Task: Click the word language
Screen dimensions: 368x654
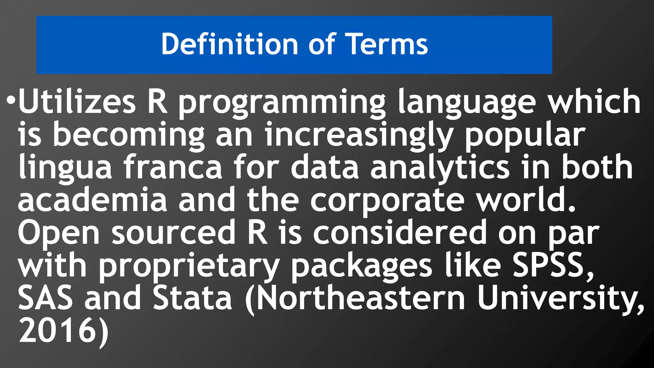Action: click(467, 103)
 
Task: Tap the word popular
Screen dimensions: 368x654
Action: click(525, 135)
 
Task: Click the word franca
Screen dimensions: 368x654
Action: click(173, 167)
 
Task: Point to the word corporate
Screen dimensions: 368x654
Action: click(387, 201)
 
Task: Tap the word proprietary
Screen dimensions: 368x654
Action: click(189, 266)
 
